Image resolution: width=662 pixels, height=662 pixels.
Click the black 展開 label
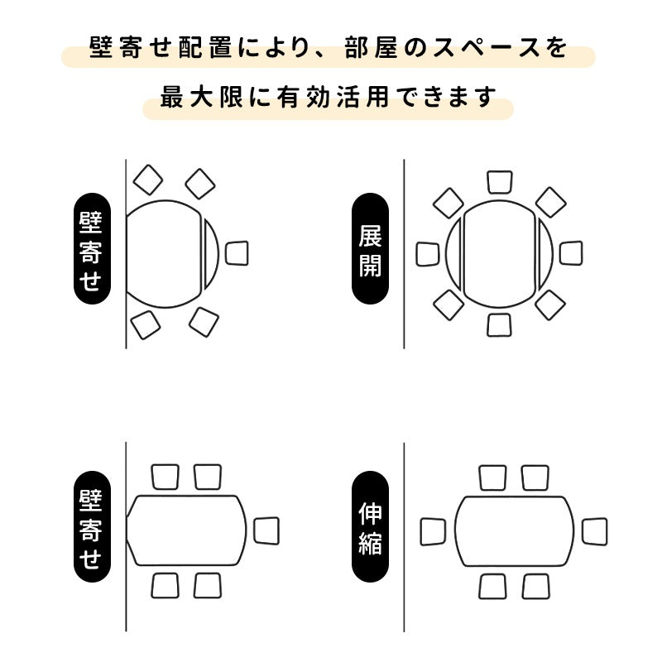(370, 251)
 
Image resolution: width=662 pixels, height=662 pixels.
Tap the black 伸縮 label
(370, 530)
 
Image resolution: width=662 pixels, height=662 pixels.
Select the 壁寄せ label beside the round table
(90, 251)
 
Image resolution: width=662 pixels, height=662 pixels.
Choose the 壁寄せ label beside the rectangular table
(90, 530)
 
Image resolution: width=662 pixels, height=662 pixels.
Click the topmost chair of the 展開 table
(500, 182)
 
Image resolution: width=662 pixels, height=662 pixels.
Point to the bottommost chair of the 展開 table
(500, 324)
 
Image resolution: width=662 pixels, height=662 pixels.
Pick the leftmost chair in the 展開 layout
(427, 254)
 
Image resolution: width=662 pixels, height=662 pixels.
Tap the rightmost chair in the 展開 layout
(571, 253)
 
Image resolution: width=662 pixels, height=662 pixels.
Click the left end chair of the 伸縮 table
(433, 531)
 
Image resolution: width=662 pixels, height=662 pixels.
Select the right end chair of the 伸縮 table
(594, 530)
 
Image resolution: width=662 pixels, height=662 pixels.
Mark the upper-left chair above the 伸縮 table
(493, 477)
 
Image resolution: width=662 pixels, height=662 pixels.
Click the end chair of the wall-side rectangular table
(266, 530)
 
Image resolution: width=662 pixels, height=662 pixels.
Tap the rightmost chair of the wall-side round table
(237, 253)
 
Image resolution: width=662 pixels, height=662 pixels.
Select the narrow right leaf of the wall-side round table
(212, 253)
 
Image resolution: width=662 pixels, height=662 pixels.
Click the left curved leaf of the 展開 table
(453, 253)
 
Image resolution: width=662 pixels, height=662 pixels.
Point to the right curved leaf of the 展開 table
(545, 253)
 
